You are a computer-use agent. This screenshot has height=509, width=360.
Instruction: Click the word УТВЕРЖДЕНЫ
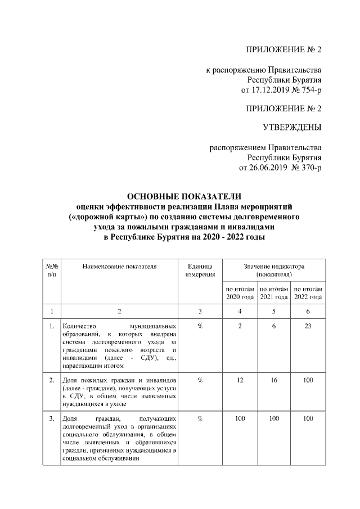point(292,128)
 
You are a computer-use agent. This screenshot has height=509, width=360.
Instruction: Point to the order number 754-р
point(309,90)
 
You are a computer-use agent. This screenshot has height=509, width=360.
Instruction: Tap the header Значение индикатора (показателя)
point(274,270)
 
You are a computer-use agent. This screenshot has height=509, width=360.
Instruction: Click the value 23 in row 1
point(308,326)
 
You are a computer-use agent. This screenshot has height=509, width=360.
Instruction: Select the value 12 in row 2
point(240,381)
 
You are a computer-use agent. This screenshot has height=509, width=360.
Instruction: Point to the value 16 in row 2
point(274,381)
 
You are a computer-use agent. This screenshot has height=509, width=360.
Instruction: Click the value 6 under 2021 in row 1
point(274,326)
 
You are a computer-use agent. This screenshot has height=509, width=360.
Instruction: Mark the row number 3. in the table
point(51,419)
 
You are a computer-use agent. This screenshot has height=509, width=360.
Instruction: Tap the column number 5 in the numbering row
point(274,310)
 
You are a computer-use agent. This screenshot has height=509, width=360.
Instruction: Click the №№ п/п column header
point(51,270)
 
